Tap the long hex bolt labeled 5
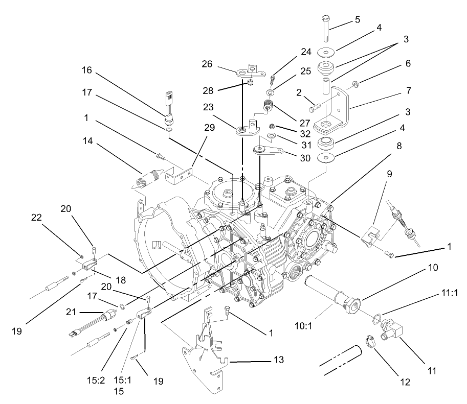tap(326, 28)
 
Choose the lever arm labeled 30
tap(269, 150)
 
